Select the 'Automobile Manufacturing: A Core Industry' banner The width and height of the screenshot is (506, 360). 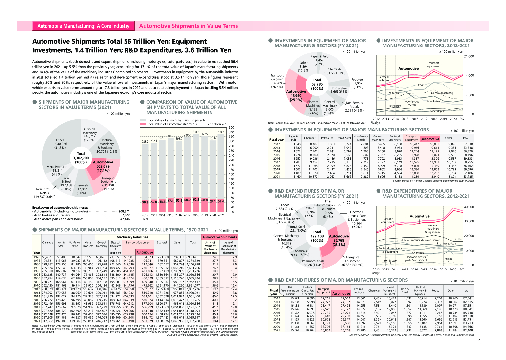click(x=84, y=25)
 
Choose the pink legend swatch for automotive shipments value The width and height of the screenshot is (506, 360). click(x=144, y=123)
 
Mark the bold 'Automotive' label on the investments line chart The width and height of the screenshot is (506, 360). click(x=408, y=68)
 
